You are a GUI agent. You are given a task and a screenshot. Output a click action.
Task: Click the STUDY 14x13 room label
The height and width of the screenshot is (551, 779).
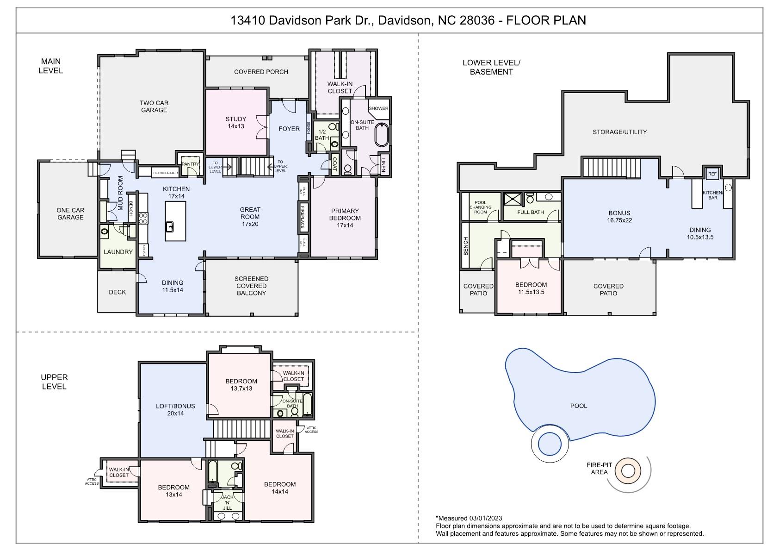click(236, 123)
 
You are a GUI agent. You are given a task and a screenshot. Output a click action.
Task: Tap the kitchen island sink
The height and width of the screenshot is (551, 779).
click(170, 226)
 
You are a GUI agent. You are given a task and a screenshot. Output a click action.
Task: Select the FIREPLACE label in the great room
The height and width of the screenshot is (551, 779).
click(303, 217)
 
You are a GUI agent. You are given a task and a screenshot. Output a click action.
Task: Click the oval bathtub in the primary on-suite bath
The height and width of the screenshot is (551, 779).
click(381, 134)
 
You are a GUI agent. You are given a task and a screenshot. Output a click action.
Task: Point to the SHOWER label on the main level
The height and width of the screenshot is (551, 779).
click(378, 108)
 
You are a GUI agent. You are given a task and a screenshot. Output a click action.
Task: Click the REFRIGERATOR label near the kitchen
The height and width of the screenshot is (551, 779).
click(165, 173)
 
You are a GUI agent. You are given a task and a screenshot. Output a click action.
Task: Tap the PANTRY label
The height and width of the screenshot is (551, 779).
click(190, 164)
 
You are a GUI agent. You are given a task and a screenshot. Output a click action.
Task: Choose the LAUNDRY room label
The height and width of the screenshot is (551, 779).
click(118, 252)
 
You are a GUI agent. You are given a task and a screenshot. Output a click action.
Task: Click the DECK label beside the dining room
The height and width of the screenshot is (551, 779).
click(117, 292)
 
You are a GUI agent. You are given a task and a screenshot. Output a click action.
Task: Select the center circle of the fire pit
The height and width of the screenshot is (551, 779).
click(628, 471)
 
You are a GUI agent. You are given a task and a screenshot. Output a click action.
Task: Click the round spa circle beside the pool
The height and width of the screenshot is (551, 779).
click(550, 444)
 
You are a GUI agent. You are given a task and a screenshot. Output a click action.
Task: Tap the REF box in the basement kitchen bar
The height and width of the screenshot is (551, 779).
click(712, 174)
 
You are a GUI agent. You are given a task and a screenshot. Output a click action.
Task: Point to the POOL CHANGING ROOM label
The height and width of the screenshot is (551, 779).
click(481, 207)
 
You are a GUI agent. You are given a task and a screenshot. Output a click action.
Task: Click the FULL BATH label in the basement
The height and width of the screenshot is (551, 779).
click(531, 212)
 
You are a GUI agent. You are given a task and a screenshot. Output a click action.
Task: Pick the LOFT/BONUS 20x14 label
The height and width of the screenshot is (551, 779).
click(175, 410)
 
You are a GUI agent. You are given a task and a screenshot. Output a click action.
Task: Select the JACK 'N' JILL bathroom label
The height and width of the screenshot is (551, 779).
click(228, 502)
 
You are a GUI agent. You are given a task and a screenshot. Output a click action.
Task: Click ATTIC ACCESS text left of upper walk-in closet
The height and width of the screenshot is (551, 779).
click(92, 482)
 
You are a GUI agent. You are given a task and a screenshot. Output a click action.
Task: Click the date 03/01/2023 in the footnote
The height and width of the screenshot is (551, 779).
click(485, 518)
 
